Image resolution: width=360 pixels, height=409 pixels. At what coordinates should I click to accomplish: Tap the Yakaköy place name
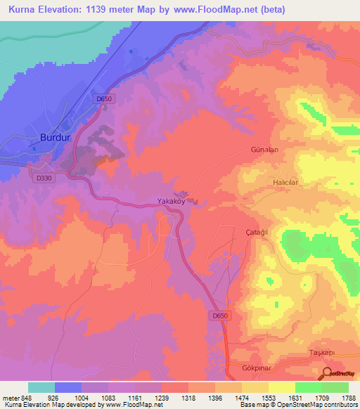tap(171, 201)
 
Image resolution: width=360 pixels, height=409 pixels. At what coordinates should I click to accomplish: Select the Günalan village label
tap(266, 150)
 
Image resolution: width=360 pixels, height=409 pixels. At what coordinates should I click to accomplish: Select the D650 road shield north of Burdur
tap(104, 99)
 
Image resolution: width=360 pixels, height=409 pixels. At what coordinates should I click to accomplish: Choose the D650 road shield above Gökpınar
tap(220, 316)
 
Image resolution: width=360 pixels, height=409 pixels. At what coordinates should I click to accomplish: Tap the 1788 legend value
tap(349, 397)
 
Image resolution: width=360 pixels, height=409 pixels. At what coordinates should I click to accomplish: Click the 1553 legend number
tap(269, 397)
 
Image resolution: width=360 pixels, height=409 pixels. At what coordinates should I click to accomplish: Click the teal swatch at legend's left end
tap(41, 387)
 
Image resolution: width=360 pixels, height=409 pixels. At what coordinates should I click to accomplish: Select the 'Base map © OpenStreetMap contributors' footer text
tap(298, 405)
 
